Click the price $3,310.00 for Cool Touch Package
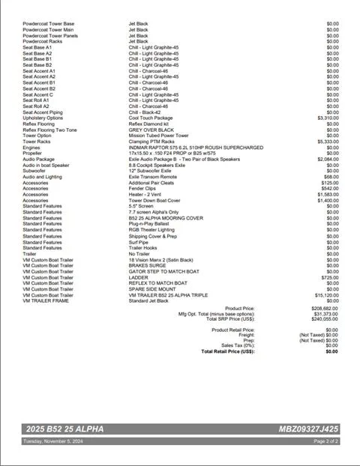coord(328,118)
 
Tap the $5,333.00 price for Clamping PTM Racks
coord(328,141)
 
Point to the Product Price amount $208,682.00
coord(322,308)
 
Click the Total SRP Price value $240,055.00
coord(322,318)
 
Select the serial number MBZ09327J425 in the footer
coord(308,429)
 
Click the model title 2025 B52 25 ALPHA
coord(64,429)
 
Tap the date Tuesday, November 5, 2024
coord(53,441)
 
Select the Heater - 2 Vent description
coord(150,194)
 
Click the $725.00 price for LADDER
coord(330,277)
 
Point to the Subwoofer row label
coord(35,171)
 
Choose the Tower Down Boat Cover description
coord(154,200)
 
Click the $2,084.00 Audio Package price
coord(328,159)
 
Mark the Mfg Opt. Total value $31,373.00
coord(324,313)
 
